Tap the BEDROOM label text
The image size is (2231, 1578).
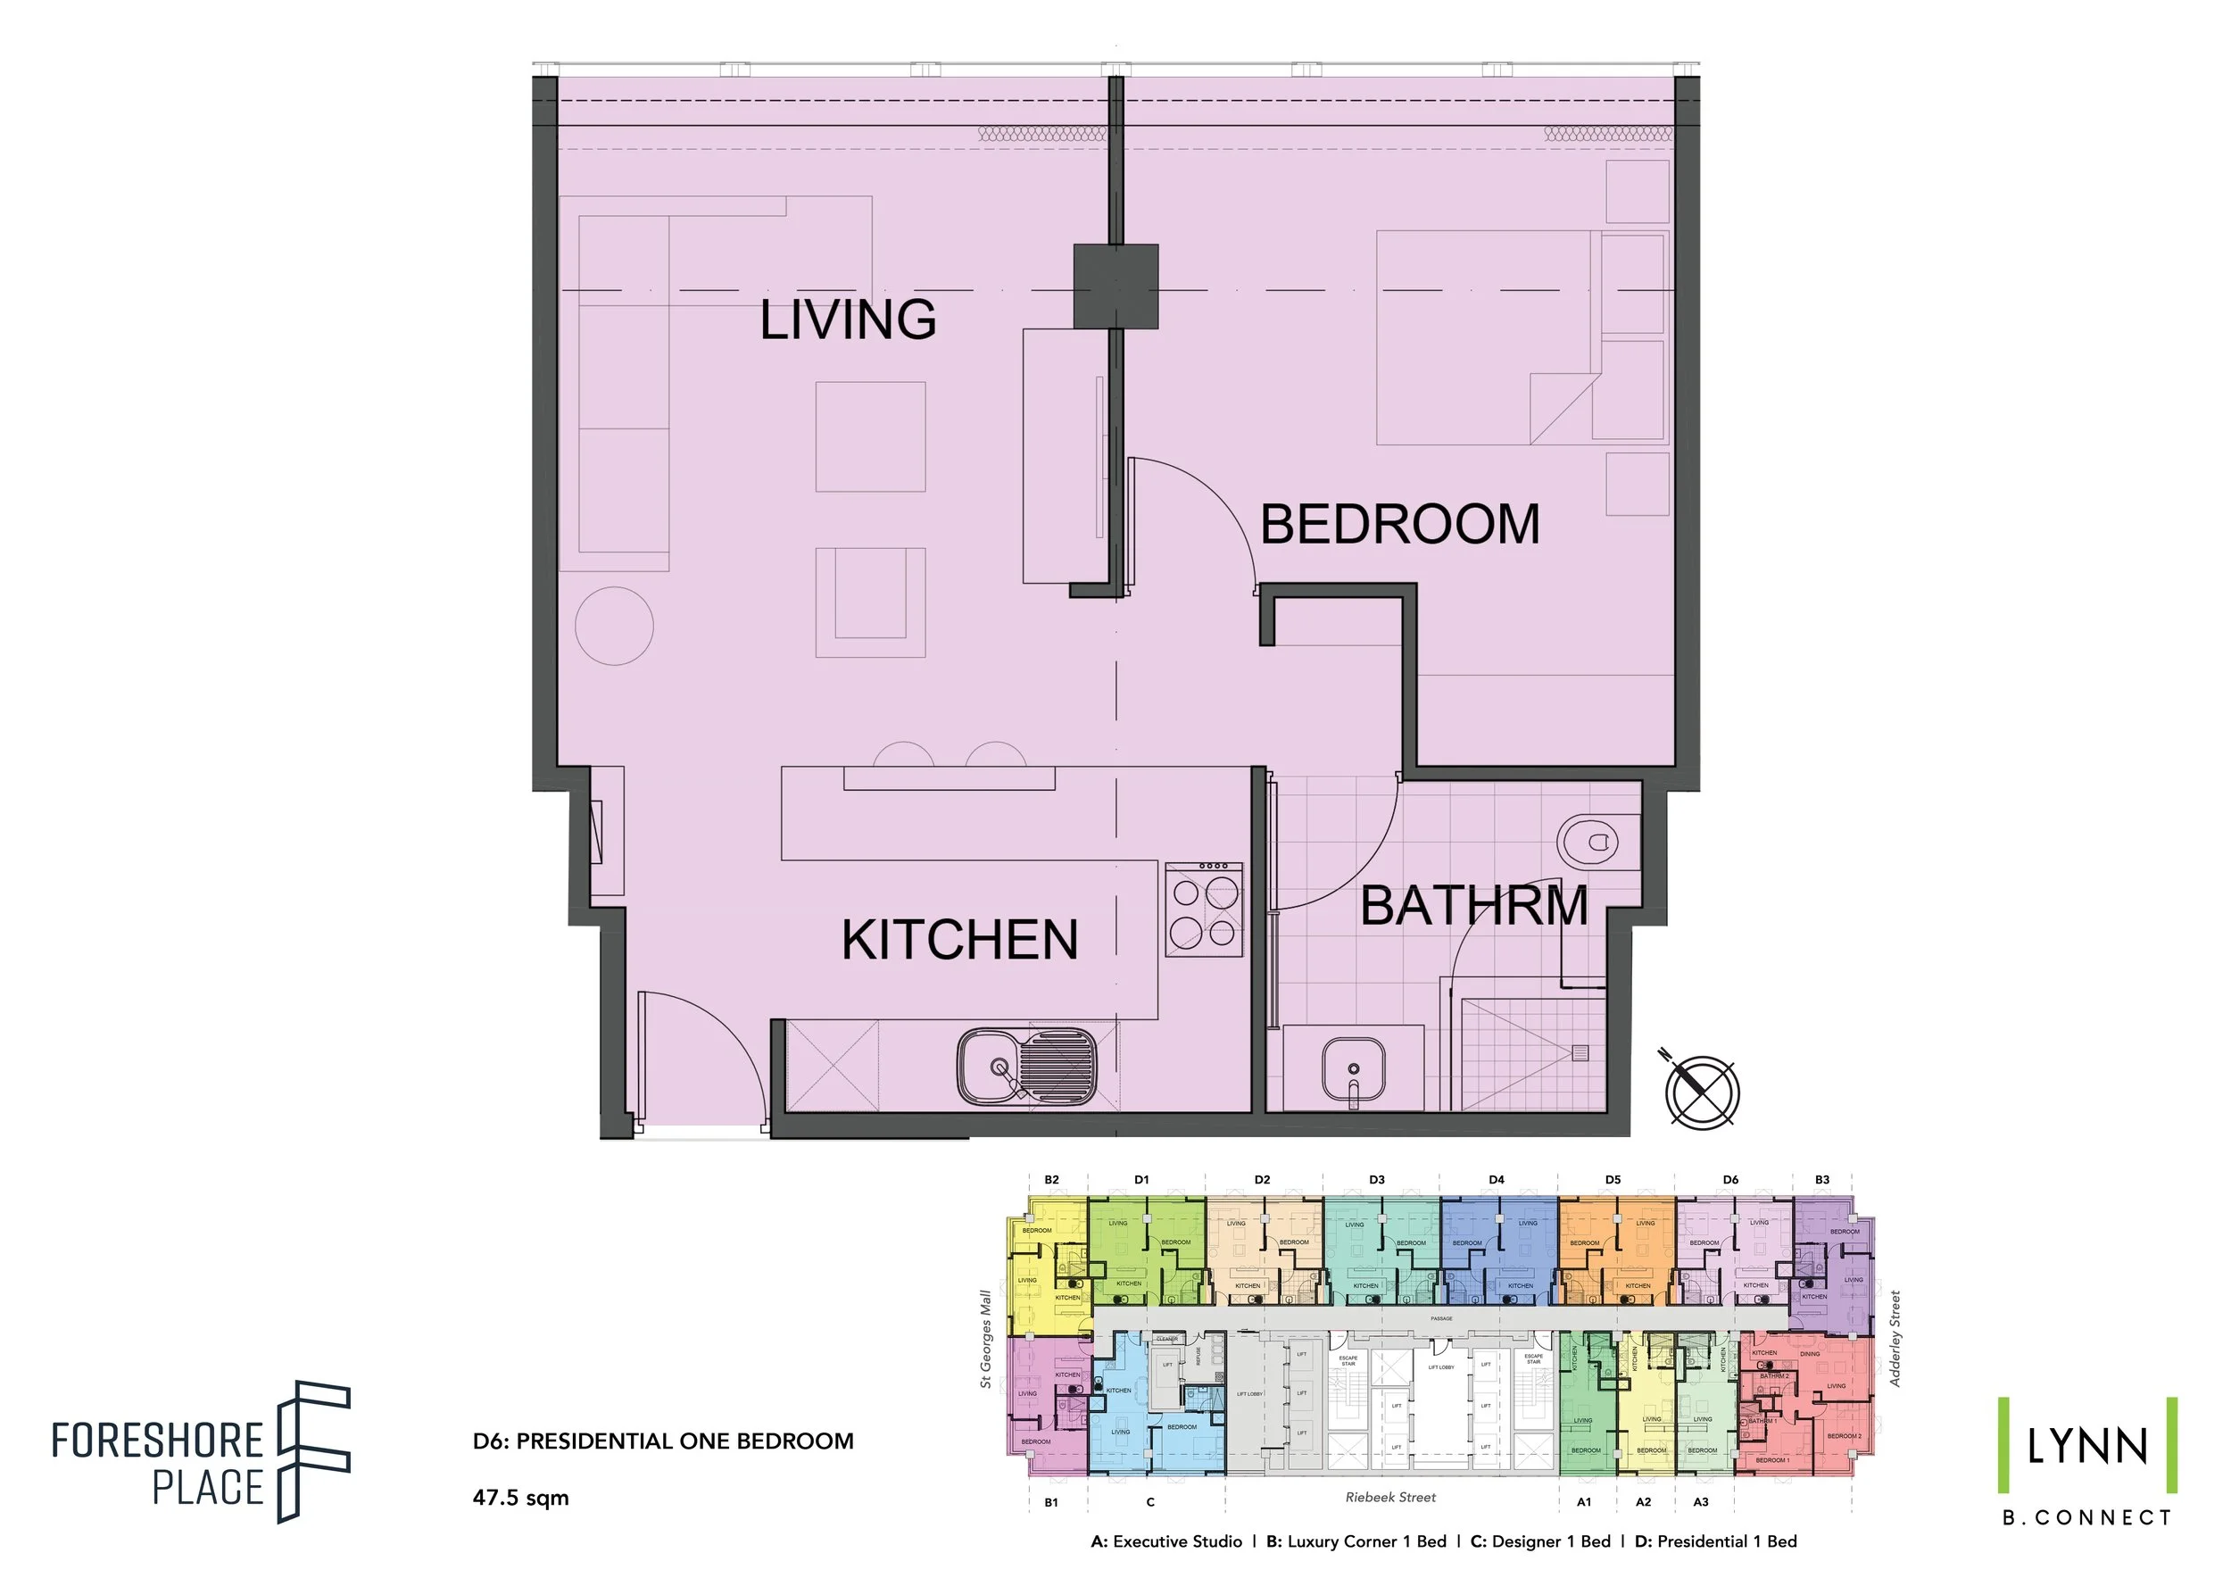click(1399, 525)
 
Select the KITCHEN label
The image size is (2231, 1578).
click(960, 940)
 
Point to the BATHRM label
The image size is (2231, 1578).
click(1473, 906)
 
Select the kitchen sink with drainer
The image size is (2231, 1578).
click(1026, 1067)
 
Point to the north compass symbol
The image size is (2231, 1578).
click(1700, 1090)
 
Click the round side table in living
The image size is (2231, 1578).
click(614, 626)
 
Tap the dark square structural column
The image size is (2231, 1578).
click(1115, 287)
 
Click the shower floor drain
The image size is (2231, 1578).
click(1580, 1052)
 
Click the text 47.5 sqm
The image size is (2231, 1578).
click(521, 1498)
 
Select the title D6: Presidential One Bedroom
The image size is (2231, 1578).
click(663, 1441)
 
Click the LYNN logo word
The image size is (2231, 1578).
click(2086, 1448)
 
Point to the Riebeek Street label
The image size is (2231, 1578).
click(1389, 1498)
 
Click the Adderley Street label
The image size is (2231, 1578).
click(1894, 1339)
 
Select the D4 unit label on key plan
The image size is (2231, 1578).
click(1497, 1180)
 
